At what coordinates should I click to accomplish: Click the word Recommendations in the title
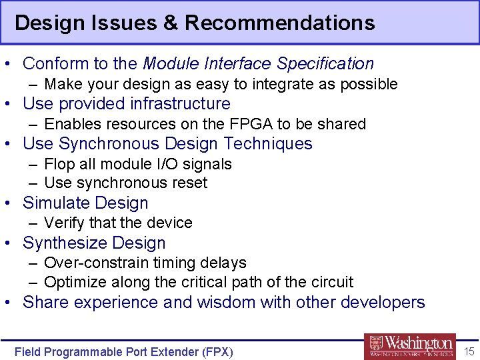tap(279, 23)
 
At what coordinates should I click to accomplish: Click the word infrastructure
tap(180, 104)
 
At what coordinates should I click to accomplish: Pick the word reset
tap(190, 183)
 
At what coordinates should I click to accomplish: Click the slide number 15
tap(469, 351)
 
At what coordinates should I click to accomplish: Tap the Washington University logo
tap(410, 346)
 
